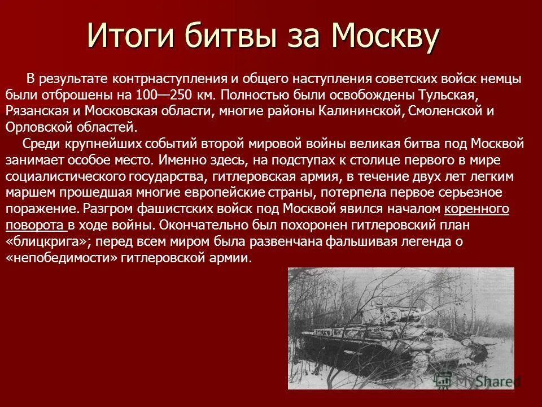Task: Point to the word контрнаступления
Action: point(163,79)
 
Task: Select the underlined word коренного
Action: point(477,209)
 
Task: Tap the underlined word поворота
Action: point(35,226)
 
